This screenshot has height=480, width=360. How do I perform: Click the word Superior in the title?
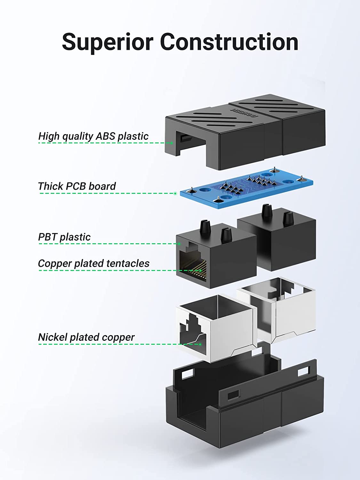pos(108,42)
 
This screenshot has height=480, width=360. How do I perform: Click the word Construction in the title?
pos(229,42)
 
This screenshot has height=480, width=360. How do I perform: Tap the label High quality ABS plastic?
pos(93,136)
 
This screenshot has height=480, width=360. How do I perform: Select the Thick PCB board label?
pos(77,186)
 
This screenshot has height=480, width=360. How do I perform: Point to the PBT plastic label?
pos(64,237)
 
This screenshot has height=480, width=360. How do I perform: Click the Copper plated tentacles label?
pos(93,263)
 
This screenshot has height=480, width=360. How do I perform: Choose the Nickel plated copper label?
pos(86,337)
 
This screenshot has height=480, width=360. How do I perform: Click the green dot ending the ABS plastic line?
pos(172,143)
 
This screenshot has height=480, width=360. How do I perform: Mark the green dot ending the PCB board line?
pos(175,193)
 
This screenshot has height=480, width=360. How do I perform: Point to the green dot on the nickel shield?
pos(200,344)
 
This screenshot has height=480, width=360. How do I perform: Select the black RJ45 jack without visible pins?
pos(277,243)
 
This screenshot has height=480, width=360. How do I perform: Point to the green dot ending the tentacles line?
pos(201,270)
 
